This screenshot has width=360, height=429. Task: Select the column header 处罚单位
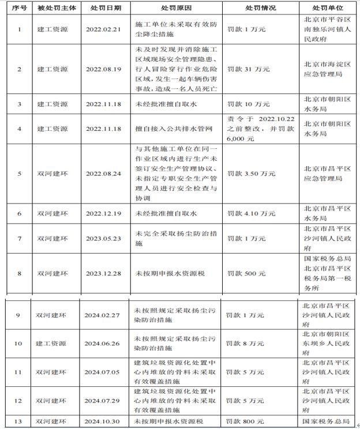[x=327, y=9]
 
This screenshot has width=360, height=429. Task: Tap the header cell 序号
[x=19, y=9]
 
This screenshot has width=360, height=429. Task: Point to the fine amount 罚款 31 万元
[x=249, y=69]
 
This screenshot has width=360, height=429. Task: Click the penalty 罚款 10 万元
[x=249, y=104]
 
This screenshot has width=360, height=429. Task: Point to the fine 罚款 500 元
[x=246, y=273]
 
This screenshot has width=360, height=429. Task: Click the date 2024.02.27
[x=102, y=315]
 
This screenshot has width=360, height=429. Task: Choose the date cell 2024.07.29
[x=102, y=400]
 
